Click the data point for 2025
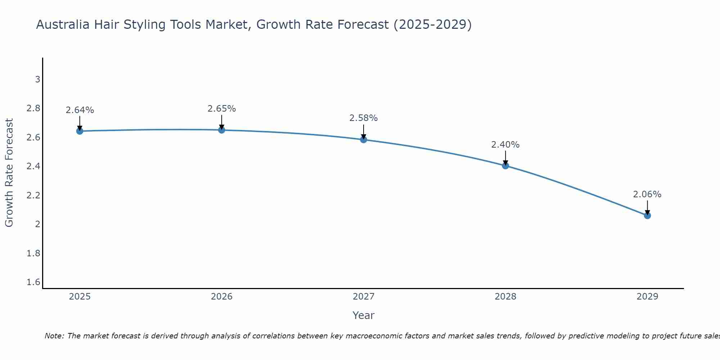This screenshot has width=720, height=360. click(80, 131)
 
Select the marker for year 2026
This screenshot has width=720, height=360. click(222, 130)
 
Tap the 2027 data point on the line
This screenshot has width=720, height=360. click(364, 140)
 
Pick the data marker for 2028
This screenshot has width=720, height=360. click(505, 166)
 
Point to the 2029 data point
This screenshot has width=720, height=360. click(647, 216)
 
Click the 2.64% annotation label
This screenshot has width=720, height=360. click(80, 110)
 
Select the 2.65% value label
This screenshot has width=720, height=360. click(222, 109)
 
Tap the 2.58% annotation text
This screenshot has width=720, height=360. click(364, 118)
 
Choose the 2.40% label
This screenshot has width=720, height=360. click(505, 145)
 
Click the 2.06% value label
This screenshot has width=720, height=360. click(647, 194)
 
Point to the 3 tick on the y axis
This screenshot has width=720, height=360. click(37, 79)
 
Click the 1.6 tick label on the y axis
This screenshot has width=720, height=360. click(33, 282)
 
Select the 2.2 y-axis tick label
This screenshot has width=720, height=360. click(33, 195)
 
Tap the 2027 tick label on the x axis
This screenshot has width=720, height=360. click(364, 297)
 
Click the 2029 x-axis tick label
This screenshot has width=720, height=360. click(647, 297)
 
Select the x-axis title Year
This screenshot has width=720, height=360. click(364, 315)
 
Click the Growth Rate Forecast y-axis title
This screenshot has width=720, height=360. click(9, 173)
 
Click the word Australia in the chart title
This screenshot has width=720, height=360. click(63, 25)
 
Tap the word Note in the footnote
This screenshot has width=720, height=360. click(54, 336)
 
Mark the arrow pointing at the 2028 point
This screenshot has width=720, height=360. click(505, 158)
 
